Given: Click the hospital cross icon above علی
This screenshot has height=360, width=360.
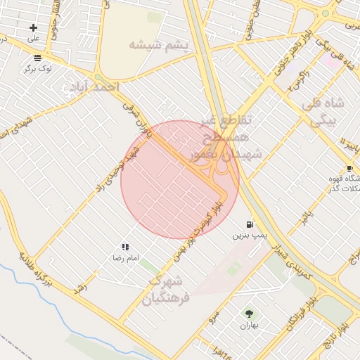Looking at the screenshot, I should pos(33,27).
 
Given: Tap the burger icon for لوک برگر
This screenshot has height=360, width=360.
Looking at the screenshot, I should pos(37,58).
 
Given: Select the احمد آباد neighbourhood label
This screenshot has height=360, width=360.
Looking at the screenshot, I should pos(94,86).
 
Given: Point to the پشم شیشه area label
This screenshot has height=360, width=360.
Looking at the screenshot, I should pos(159,46).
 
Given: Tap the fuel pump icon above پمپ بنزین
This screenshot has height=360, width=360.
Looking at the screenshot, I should pos(250,224).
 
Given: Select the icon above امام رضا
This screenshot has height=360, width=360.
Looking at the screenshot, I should pos(125,247).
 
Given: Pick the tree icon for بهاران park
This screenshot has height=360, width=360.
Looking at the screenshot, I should pos(249,313).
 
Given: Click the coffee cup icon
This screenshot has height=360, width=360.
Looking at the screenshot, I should pos(349,168).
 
